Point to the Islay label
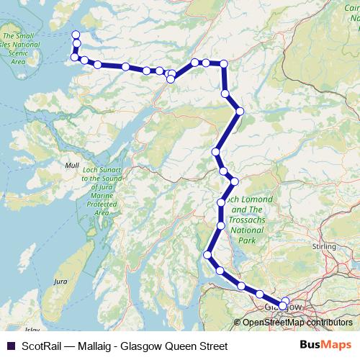(x=31, y=329)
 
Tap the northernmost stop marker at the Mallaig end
(x=76, y=35)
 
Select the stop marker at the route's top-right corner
(x=223, y=64)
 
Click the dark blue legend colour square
(x=9, y=346)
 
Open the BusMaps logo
(x=325, y=345)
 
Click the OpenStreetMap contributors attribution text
(x=297, y=322)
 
